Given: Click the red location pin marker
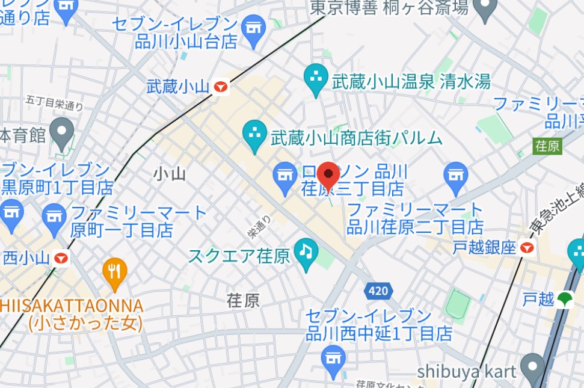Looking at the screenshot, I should click(328, 176).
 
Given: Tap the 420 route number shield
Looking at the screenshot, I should click(378, 291).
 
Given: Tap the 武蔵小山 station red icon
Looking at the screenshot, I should click(221, 87).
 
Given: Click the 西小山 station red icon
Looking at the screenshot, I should click(61, 259).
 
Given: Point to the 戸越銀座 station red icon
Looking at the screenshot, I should click(527, 247).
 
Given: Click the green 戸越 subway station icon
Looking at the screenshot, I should click(564, 299).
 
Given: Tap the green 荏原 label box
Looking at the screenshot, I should click(547, 146).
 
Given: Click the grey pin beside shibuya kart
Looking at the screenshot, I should click(532, 365).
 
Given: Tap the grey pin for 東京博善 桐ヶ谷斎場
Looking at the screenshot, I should click(483, 8).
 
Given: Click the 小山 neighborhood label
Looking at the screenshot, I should click(169, 174).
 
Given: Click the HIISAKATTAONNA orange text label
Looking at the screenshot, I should click(72, 305).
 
